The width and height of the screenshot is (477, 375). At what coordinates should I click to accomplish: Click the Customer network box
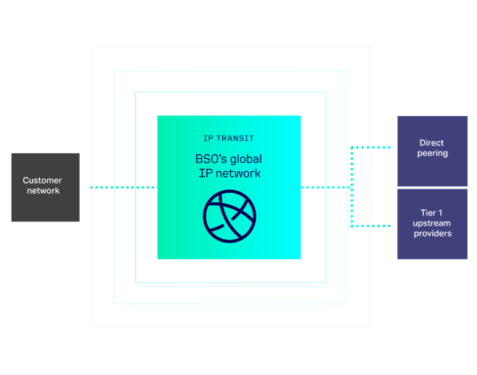pos(45,187)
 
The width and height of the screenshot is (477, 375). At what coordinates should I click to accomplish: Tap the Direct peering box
pos(432,150)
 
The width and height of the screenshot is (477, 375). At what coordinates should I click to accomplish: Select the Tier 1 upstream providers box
pos(432,223)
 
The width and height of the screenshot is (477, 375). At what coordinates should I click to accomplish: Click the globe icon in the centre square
pos(229,217)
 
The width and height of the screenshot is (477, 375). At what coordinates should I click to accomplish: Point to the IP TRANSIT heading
pos(229,138)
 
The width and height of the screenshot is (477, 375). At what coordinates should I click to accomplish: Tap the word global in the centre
pos(245,159)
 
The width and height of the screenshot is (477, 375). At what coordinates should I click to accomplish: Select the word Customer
pos(42,181)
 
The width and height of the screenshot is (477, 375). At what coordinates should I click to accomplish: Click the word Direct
pos(431,143)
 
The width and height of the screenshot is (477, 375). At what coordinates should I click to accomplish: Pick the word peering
pos(432,154)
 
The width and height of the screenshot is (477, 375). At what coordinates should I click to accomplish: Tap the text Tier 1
pos(432,213)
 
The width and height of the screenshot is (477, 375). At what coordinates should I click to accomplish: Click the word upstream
pos(432,223)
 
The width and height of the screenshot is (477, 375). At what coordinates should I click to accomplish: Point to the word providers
pos(432,234)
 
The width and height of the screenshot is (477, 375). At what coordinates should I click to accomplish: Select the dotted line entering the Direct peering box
pos(373,147)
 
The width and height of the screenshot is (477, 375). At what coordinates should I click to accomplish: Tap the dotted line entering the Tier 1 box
pos(373,226)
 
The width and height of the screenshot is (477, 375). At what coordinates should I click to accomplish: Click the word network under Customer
pos(43,191)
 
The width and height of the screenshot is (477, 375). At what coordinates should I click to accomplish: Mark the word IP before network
pos(204,173)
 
